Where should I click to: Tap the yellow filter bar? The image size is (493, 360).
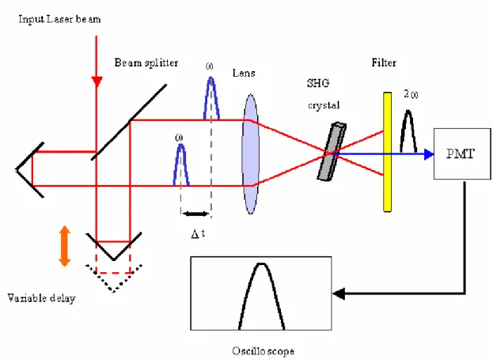pyautogui.click(x=388, y=152)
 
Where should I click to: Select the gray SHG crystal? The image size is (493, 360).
pyautogui.click(x=332, y=152)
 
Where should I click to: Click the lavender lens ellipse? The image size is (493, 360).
pyautogui.click(x=250, y=153)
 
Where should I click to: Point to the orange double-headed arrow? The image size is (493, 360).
pyautogui.click(x=64, y=246)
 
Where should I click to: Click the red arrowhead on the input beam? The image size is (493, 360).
pyautogui.click(x=97, y=81)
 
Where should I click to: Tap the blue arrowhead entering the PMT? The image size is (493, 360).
pyautogui.click(x=429, y=154)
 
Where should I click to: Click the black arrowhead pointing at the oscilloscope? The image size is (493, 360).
pyautogui.click(x=339, y=294)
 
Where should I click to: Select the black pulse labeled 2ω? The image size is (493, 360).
pyautogui.click(x=408, y=131)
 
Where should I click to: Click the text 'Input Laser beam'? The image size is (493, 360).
pyautogui.click(x=59, y=20)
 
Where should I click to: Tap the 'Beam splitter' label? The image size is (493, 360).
pyautogui.click(x=146, y=63)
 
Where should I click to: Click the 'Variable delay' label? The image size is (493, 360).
pyautogui.click(x=41, y=298)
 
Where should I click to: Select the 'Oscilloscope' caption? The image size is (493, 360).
pyautogui.click(x=264, y=351)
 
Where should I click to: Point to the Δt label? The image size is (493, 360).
pyautogui.click(x=198, y=233)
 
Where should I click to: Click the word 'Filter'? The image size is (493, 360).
pyautogui.click(x=384, y=63)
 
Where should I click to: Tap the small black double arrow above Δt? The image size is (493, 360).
pyautogui.click(x=195, y=214)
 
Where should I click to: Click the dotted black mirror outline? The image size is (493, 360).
pyautogui.click(x=114, y=279)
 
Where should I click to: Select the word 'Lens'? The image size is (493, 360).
pyautogui.click(x=244, y=73)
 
